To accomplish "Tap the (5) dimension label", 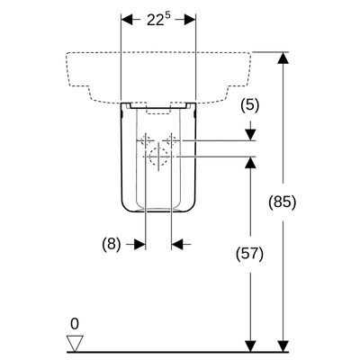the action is [249, 106].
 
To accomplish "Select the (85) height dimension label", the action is [282, 202].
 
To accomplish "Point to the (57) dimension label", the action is [249, 254].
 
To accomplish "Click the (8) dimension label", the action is [112, 245].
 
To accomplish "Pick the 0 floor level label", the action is [75, 324].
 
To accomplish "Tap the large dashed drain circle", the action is [158, 157].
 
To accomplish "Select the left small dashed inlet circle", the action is [146, 140].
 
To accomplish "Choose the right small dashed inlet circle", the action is [171, 140].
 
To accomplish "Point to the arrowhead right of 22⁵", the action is [190, 20].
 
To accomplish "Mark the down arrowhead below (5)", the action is [250, 134].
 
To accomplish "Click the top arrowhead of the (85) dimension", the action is [283, 58].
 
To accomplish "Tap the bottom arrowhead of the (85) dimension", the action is [283, 346].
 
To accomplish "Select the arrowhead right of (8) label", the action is [139, 245].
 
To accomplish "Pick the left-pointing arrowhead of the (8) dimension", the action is [177, 245].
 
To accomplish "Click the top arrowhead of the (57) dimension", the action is [250, 162].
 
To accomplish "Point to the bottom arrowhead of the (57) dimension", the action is [250, 346].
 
